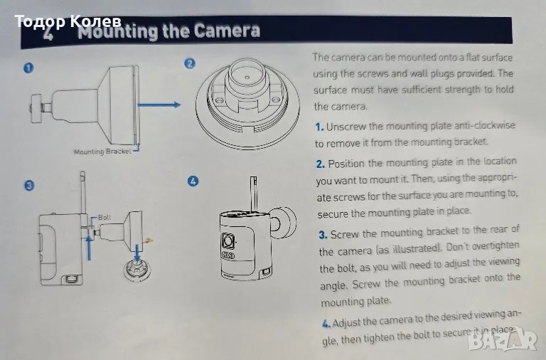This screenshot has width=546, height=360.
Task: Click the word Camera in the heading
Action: point(227,31)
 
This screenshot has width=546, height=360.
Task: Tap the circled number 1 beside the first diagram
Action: point(28,68)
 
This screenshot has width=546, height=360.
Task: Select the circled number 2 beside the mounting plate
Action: point(190,63)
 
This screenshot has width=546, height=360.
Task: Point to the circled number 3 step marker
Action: point(29,185)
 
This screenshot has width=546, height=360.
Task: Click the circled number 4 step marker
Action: point(193,181)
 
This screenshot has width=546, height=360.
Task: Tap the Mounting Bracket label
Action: point(102,152)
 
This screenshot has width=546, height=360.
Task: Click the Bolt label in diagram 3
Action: point(105,217)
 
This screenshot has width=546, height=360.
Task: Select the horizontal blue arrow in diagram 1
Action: point(159,105)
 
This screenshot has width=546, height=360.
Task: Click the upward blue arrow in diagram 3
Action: point(89,247)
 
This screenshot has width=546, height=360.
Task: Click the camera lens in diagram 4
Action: point(228,240)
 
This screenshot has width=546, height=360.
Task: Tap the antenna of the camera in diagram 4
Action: point(254,194)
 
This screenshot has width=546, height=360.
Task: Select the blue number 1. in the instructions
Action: point(319,127)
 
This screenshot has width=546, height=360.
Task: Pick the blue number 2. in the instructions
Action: point(321,164)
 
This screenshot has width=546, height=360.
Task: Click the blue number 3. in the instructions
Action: point(323,235)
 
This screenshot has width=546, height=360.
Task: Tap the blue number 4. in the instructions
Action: point(326,324)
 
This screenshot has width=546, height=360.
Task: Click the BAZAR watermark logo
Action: point(503,340)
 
